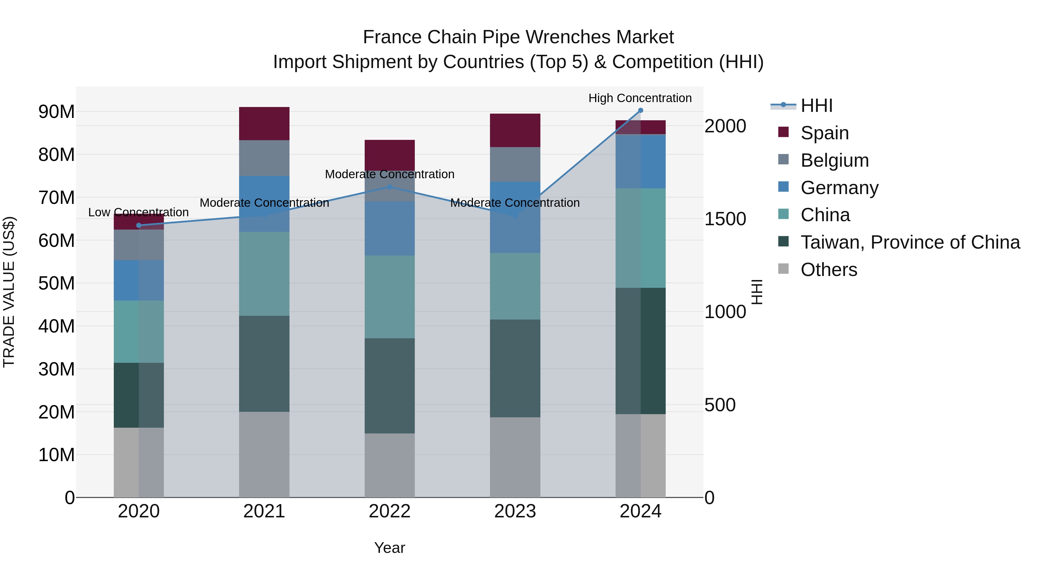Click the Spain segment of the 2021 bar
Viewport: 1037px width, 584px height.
[x=264, y=124]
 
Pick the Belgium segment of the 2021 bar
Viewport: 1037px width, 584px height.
[x=264, y=158]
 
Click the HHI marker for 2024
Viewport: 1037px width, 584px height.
[x=640, y=110]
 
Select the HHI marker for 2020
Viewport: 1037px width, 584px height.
[x=139, y=225]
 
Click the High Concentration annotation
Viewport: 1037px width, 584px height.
[x=640, y=98]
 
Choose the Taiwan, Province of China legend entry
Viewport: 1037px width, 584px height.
[x=910, y=242]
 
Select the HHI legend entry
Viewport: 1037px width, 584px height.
[x=816, y=106]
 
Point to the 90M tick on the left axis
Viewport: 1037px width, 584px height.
[x=56, y=112]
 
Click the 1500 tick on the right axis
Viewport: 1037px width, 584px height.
[x=725, y=219]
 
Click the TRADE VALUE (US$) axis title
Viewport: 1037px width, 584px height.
[x=9, y=292]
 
